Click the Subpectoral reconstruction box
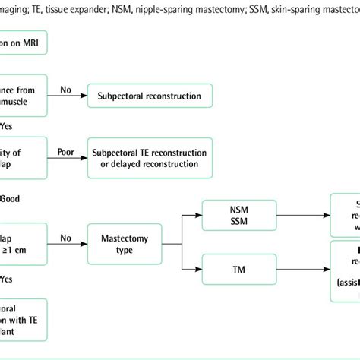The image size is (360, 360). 150,96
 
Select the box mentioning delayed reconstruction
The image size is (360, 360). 150,158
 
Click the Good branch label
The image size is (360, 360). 9,198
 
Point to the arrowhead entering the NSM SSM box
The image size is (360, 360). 203,214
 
